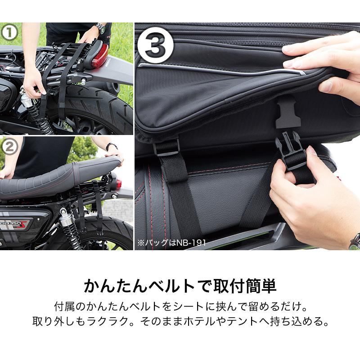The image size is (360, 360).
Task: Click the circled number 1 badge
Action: (10, 33)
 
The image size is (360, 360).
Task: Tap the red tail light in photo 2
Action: (118, 184)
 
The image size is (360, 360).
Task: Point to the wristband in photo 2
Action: (111, 147)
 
